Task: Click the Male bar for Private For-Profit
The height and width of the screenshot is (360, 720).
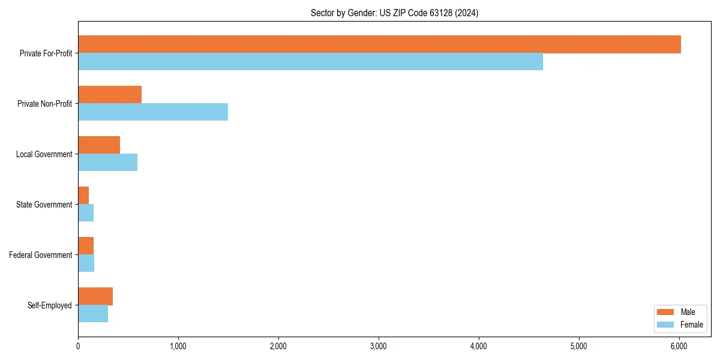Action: [379, 44]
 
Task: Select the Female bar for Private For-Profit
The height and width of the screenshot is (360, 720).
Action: [310, 62]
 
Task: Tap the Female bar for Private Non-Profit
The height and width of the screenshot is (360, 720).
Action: [153, 112]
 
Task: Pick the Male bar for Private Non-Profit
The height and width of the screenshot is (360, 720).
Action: [110, 95]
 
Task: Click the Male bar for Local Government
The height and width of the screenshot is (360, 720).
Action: [99, 145]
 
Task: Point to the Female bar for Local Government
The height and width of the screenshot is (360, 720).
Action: [108, 163]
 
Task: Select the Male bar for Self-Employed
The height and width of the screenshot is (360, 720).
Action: [95, 296]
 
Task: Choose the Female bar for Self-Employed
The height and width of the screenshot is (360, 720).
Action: [93, 314]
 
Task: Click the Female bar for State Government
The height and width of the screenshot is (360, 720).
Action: [86, 213]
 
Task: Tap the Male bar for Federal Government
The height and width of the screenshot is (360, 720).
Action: [86, 246]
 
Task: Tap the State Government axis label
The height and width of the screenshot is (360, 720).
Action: [44, 205]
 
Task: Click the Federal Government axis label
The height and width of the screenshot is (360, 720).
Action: [40, 255]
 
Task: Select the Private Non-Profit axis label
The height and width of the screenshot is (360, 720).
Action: [44, 104]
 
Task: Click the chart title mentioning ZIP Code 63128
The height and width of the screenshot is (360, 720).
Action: [394, 13]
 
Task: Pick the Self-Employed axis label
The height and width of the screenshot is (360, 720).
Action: [49, 305]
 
